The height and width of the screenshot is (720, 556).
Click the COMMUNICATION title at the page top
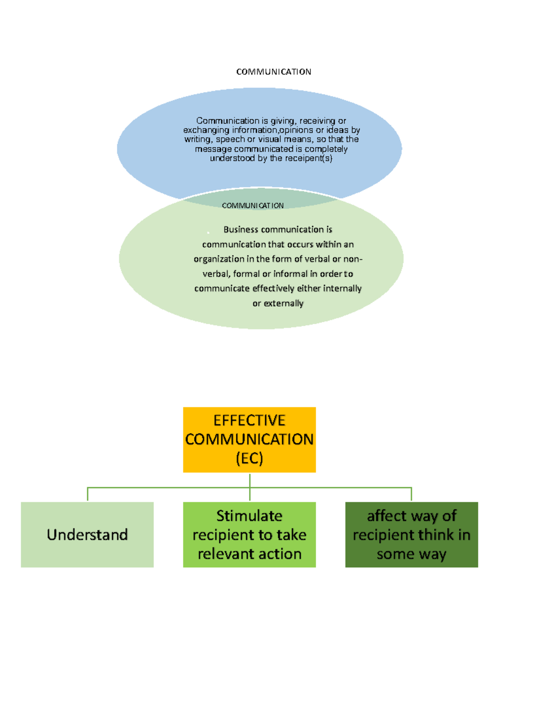tap(273, 71)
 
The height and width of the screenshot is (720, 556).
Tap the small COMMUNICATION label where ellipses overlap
tap(253, 205)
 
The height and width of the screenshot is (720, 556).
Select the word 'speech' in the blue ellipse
tap(230, 139)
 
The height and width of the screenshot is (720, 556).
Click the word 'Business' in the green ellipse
tap(241, 229)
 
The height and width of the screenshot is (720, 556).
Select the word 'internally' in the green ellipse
tap(342, 288)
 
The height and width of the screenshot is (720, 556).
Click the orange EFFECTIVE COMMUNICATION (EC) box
tap(249, 440)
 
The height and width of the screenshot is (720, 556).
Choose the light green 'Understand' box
tap(87, 535)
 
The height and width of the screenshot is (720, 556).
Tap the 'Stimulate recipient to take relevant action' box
tap(249, 535)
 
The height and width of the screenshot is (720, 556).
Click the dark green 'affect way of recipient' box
tap(411, 535)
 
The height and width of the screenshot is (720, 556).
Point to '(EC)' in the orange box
tap(249, 459)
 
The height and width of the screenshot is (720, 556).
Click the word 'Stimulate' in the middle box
tap(249, 516)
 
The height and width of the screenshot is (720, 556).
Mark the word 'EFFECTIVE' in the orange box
tap(249, 420)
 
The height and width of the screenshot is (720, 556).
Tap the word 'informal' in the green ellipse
tap(291, 274)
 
